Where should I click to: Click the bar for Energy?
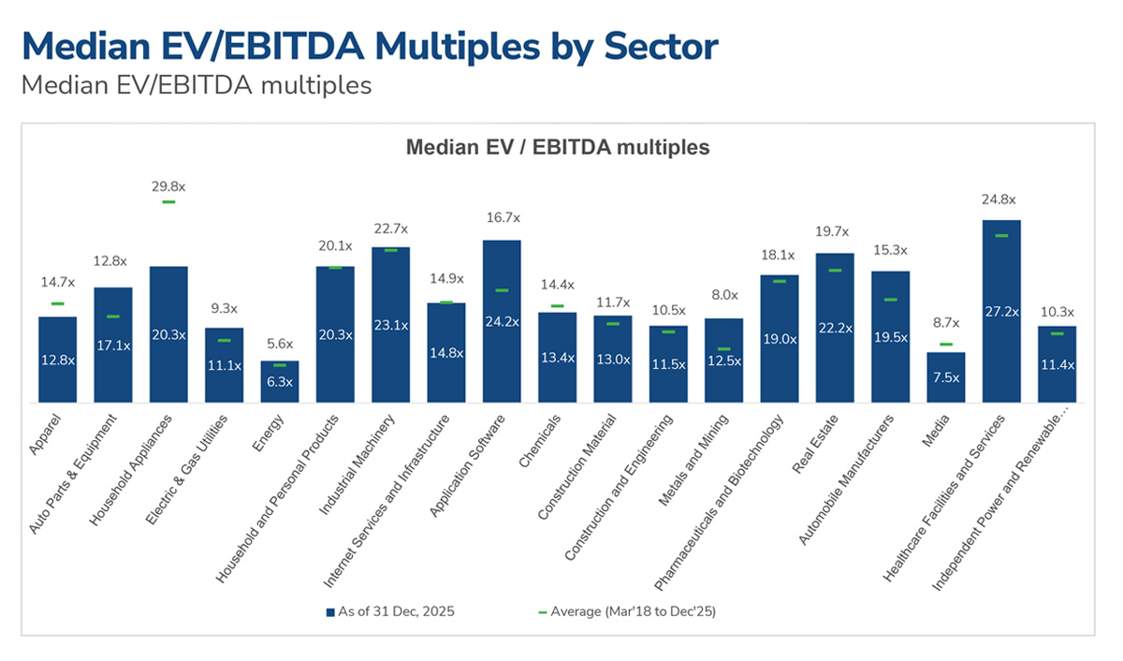tap(280, 381)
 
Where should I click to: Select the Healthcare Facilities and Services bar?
tap(1001, 311)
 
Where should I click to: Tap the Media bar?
tap(945, 377)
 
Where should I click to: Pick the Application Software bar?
tap(502, 321)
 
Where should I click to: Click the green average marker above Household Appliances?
tap(168, 202)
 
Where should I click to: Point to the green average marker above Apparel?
tap(58, 303)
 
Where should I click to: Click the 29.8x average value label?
tap(168, 186)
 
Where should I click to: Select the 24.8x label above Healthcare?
tap(999, 199)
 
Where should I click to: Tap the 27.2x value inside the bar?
tap(1001, 312)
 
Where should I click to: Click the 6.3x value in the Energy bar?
tap(280, 382)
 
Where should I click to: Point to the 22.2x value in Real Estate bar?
tap(835, 328)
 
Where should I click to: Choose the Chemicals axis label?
tap(539, 441)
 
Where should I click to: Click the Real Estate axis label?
tap(815, 445)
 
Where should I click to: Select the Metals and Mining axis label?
tap(693, 460)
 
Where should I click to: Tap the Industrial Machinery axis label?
tap(357, 464)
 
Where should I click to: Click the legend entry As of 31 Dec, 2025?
tap(390, 611)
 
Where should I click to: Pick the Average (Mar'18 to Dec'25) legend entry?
tap(627, 611)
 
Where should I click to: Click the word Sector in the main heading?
tap(661, 47)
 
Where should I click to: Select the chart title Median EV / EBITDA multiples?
tap(558, 147)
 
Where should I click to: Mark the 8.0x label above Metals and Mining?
tap(724, 295)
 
